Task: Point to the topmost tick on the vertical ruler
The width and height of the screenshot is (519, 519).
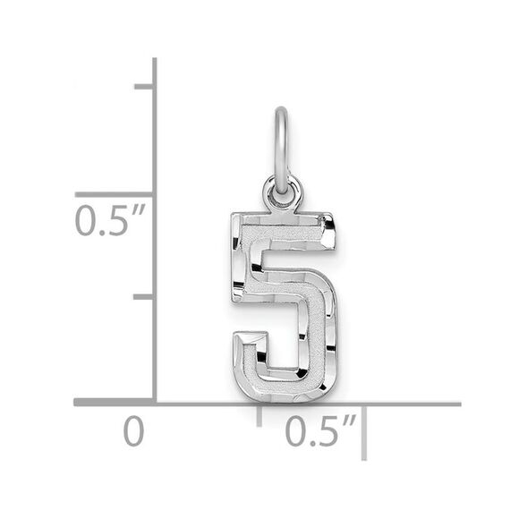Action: (x=143, y=87)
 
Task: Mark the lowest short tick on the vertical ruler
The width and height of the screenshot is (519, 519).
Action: (x=143, y=296)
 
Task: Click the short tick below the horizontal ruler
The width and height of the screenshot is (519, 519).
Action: (x=260, y=416)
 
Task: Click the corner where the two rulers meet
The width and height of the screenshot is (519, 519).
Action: (x=155, y=404)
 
